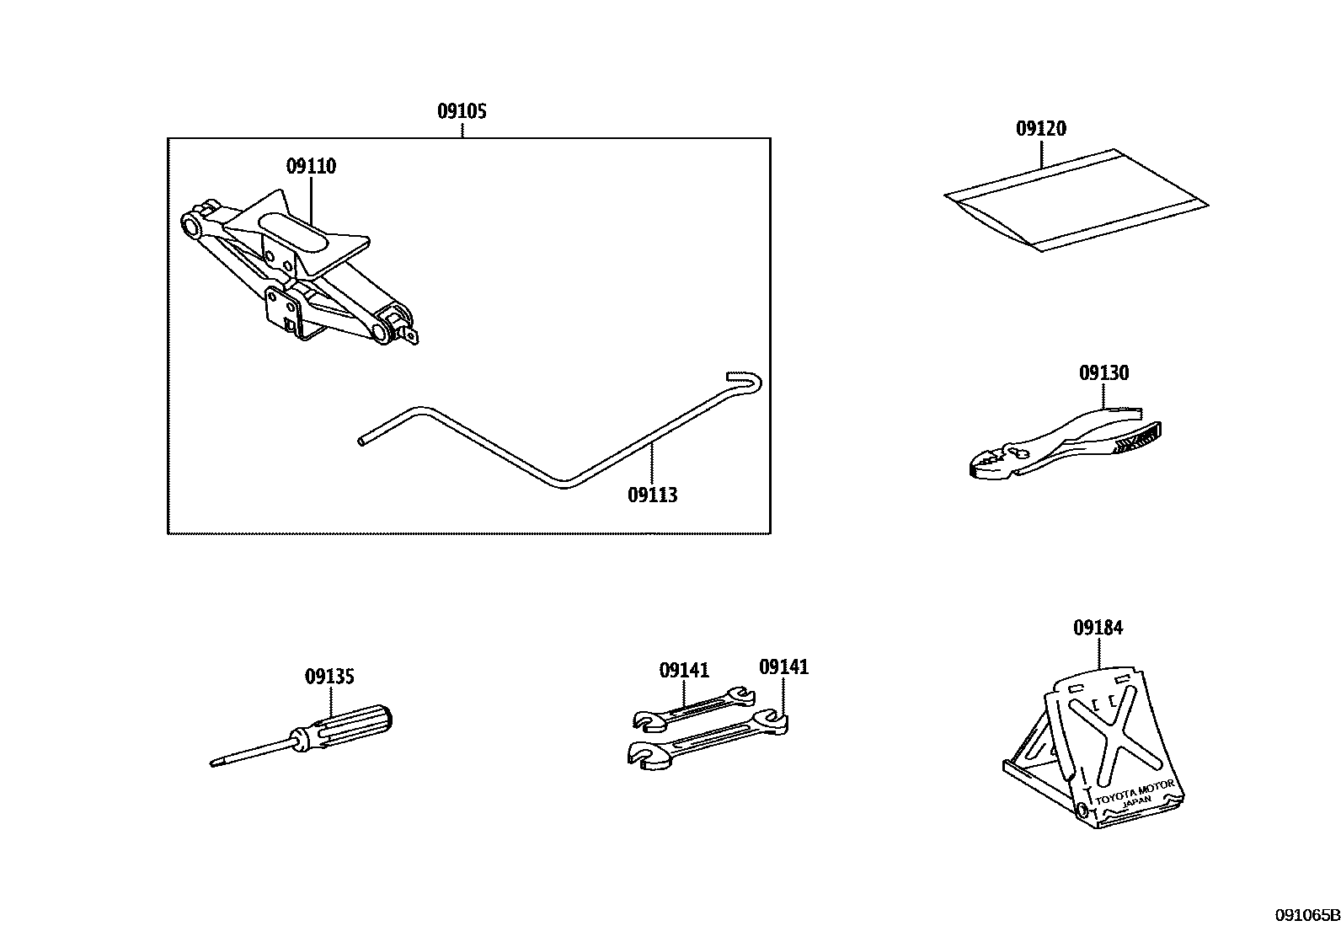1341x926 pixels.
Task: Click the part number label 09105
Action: tap(462, 111)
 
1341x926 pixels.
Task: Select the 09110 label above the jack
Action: tap(311, 166)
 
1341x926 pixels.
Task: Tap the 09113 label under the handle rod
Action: tap(652, 495)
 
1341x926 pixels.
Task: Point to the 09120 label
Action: tap(1040, 129)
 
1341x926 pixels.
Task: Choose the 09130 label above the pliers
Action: tap(1103, 372)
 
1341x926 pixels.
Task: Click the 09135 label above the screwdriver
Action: tap(329, 676)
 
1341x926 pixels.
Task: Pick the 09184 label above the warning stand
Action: tap(1098, 628)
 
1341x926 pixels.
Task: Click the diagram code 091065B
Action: tap(1306, 915)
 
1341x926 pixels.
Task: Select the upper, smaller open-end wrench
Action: tap(693, 706)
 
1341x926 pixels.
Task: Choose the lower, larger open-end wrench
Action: tap(708, 739)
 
